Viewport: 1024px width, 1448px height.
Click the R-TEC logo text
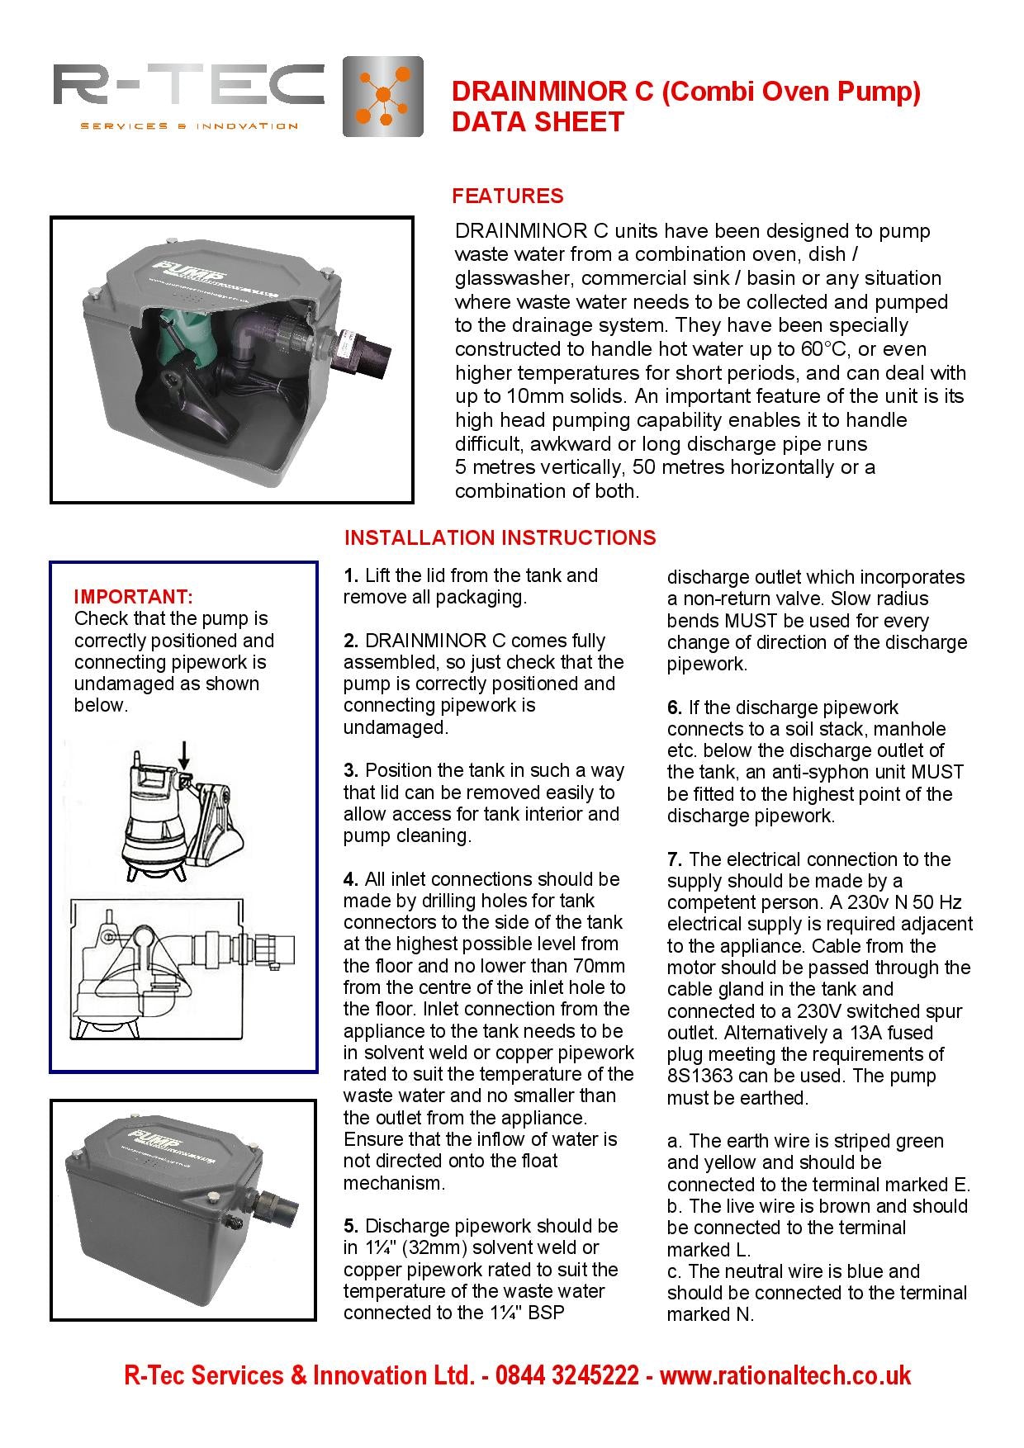(x=188, y=88)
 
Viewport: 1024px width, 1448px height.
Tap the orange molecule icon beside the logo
(x=382, y=97)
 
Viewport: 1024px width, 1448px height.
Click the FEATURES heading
(x=507, y=196)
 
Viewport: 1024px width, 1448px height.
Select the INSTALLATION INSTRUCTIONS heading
(x=500, y=537)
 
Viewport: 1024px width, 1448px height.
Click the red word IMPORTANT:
(x=133, y=596)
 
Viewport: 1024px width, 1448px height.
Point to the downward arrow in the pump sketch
(x=184, y=752)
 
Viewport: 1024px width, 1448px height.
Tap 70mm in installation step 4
(x=598, y=966)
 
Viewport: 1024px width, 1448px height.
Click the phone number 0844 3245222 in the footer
(x=568, y=1375)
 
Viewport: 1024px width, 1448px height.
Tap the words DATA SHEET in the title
(x=537, y=122)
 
